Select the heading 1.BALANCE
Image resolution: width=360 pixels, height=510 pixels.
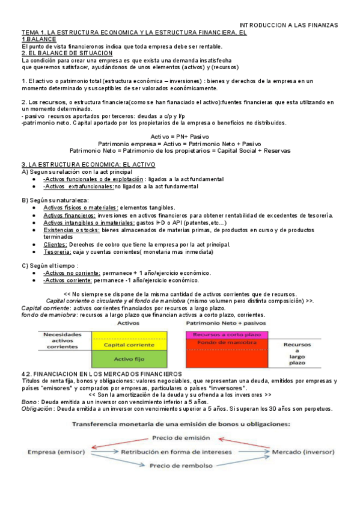[x=38, y=39]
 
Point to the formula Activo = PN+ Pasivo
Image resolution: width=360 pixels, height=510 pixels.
[x=180, y=137]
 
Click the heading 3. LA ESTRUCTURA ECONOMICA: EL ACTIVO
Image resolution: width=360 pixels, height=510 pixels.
[x=88, y=164]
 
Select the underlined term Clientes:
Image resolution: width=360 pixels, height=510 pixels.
[x=55, y=244]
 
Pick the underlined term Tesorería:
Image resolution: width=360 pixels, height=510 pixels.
[x=58, y=252]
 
